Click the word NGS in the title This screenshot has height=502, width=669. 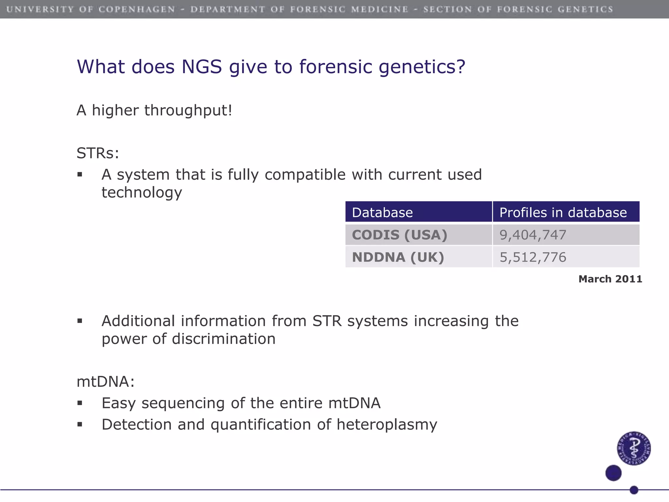[202, 67]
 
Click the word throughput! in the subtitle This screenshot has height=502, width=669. [188, 110]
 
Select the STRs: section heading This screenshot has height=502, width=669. [98, 153]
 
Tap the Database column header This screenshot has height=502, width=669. [382, 212]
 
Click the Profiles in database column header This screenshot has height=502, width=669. [563, 212]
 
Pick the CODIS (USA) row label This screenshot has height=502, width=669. [399, 235]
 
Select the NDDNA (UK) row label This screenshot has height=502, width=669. [398, 257]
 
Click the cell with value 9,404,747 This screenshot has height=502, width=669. [533, 235]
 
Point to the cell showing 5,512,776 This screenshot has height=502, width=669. [533, 257]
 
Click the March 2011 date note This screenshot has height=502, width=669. [610, 279]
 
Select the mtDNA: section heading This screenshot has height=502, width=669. [106, 381]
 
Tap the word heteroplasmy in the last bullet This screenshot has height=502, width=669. [387, 425]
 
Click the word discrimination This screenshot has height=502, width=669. [223, 339]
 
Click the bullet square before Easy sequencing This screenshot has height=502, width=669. [80, 403]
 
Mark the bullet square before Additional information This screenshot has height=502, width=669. [80, 321]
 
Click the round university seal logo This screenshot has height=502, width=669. [634, 448]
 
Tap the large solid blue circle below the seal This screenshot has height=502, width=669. [613, 473]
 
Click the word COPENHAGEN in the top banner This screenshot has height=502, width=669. [137, 9]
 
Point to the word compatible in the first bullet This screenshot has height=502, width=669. [305, 175]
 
